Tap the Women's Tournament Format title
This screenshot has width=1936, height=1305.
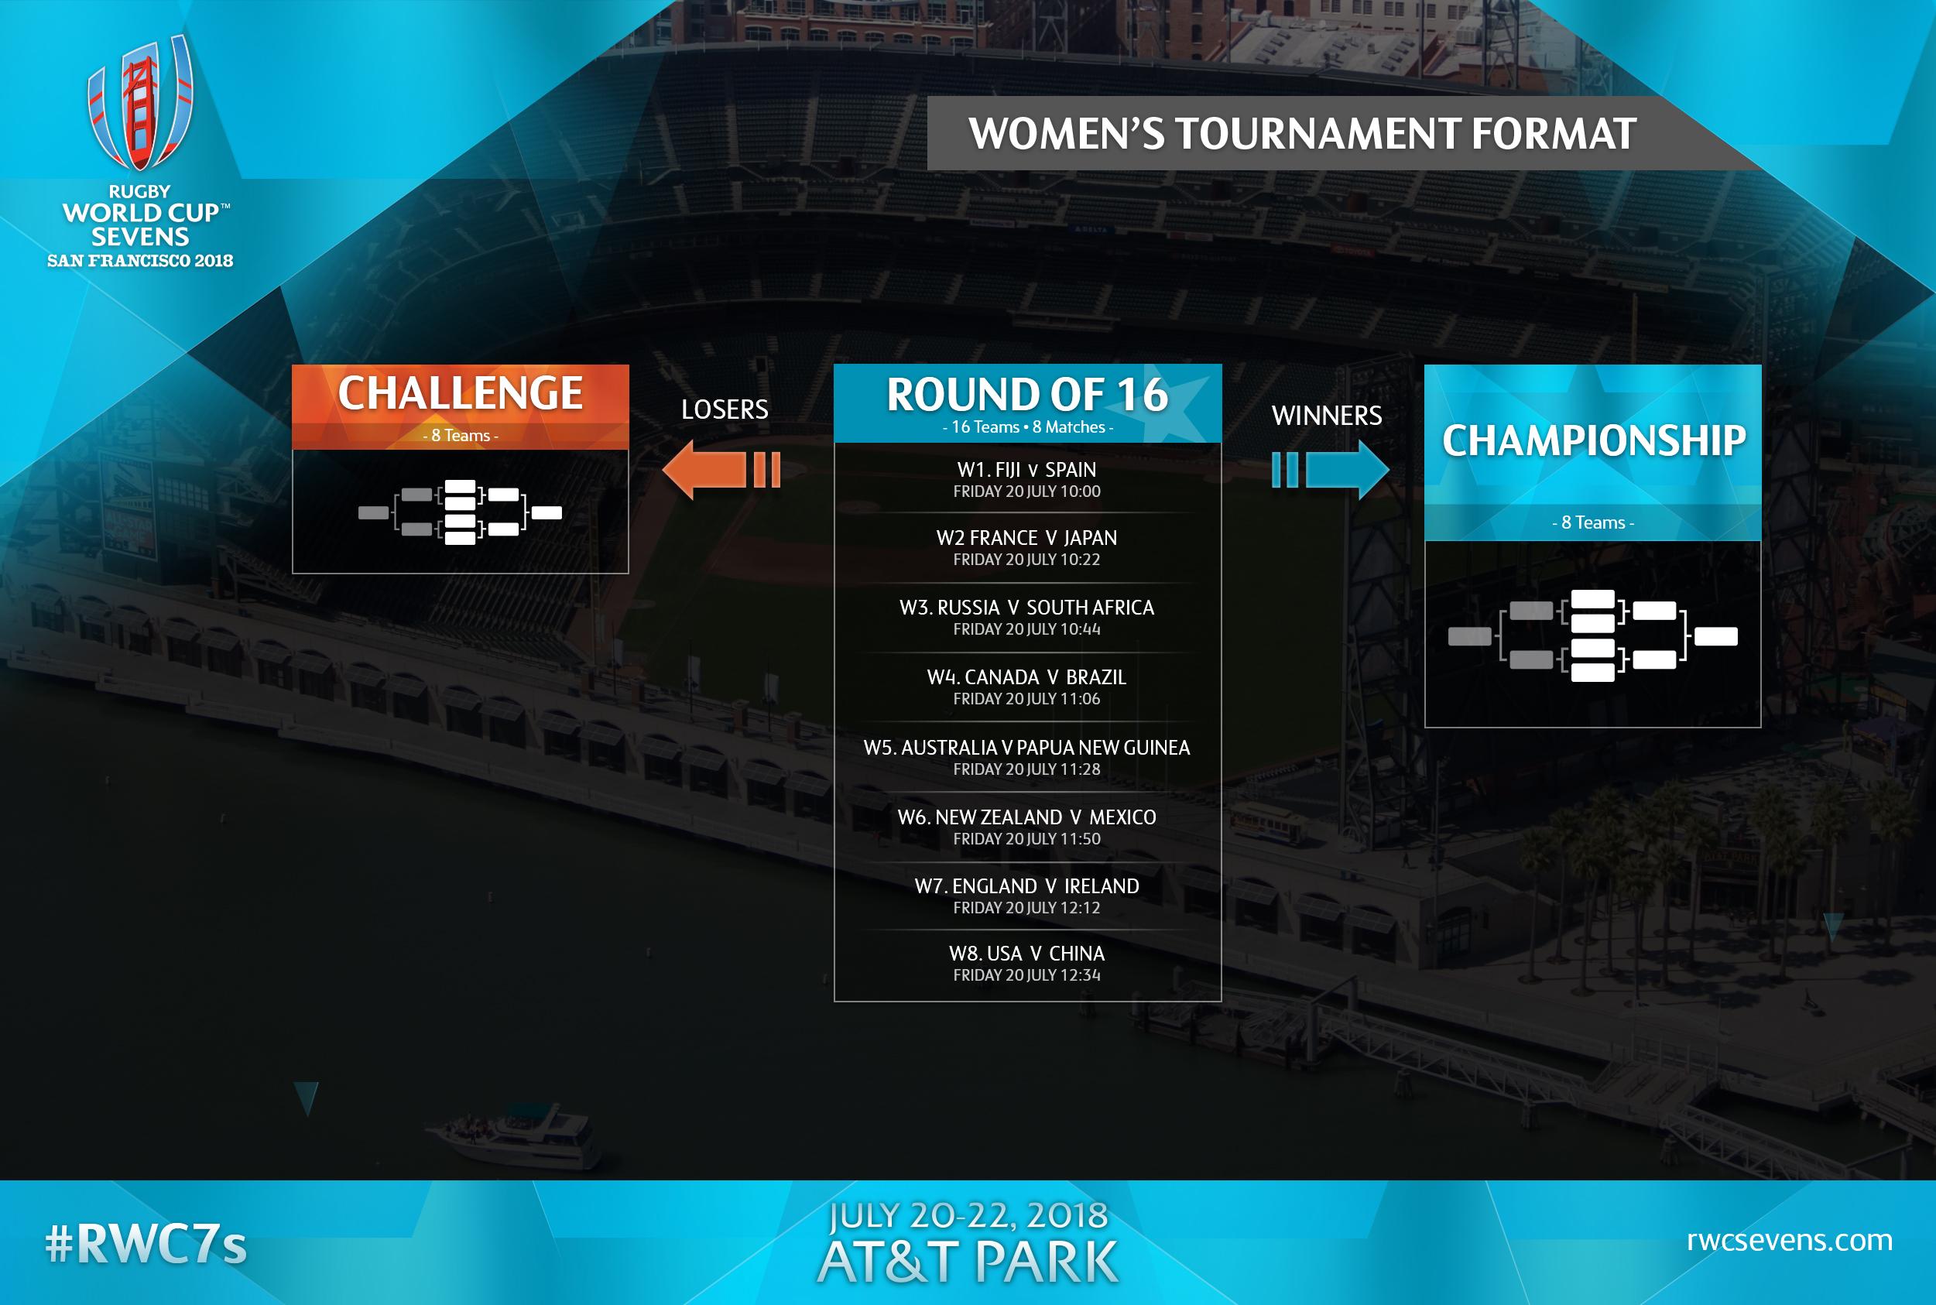tap(1303, 134)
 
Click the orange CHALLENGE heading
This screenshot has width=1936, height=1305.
tap(461, 393)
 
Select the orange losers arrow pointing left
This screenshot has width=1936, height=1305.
tap(721, 469)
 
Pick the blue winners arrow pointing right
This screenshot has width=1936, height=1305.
tap(1330, 469)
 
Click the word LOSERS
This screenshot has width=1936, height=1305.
tap(724, 409)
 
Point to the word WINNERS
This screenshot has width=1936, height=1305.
tap(1327, 416)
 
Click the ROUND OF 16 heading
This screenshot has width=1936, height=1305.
tap(1027, 395)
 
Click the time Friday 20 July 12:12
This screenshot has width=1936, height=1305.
tap(1027, 908)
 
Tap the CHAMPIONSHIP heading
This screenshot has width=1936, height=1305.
tap(1593, 440)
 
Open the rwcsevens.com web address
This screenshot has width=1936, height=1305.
tap(1790, 1240)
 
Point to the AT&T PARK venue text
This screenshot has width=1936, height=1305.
tap(968, 1262)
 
